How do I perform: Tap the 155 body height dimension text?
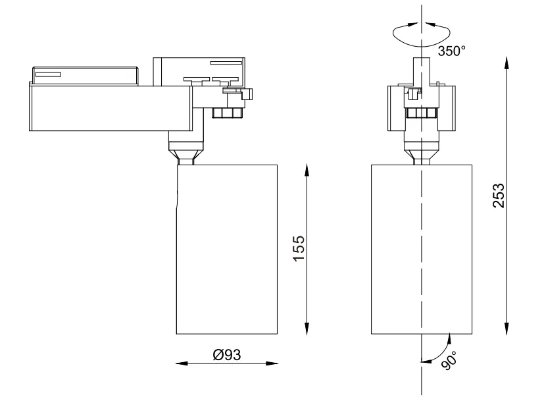point(299,249)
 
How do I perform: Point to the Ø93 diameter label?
point(227,355)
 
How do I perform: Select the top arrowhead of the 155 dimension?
point(307,169)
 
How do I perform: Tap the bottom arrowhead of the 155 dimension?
point(307,329)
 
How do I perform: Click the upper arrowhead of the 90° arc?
point(448,338)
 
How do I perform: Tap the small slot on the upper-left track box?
point(47,74)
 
